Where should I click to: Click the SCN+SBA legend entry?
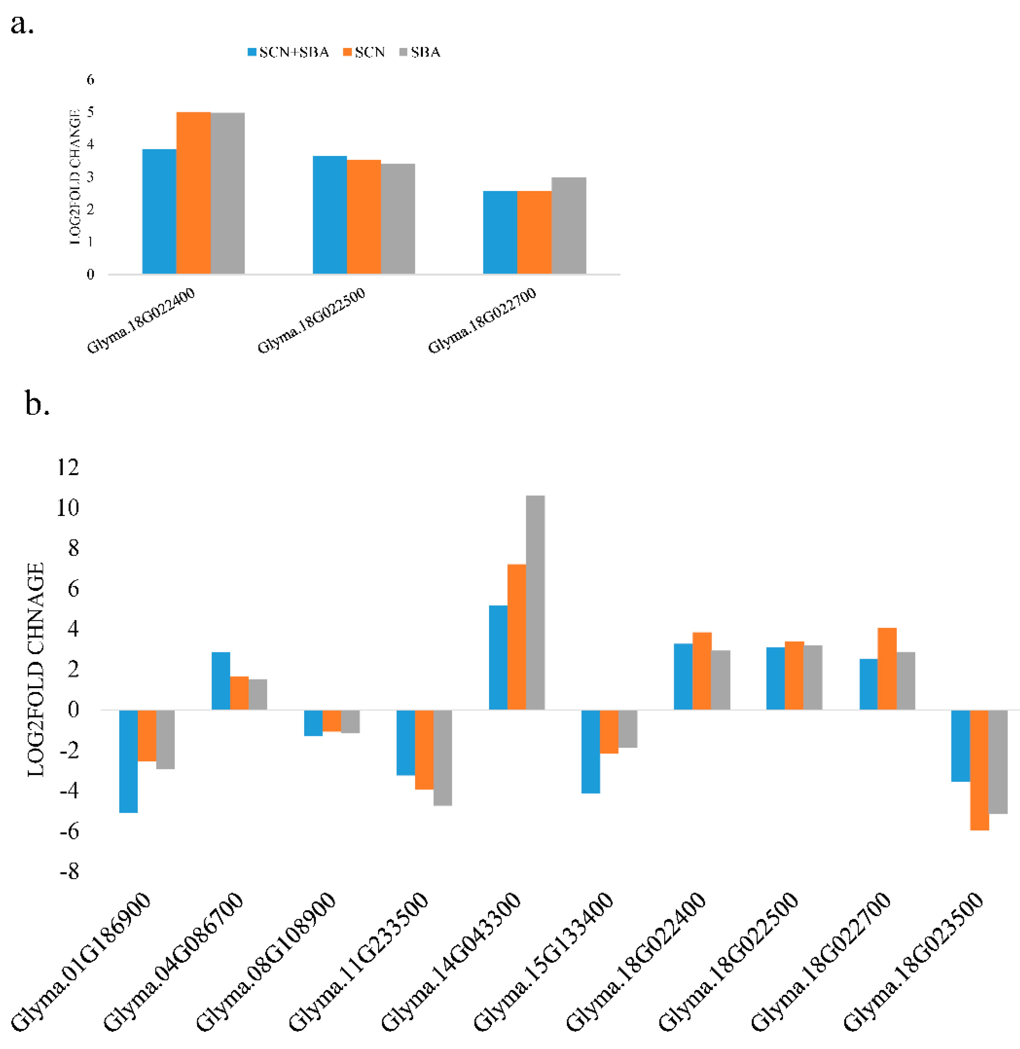pyautogui.click(x=288, y=52)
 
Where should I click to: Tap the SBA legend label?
pyautogui.click(x=425, y=52)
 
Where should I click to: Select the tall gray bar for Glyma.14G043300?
pyautogui.click(x=535, y=602)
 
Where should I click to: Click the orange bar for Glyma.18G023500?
pyautogui.click(x=979, y=769)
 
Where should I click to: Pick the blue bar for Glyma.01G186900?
pyautogui.click(x=129, y=761)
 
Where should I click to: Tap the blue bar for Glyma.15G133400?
pyautogui.click(x=590, y=751)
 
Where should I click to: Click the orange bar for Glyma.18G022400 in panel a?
pyautogui.click(x=194, y=193)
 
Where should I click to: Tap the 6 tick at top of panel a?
pyautogui.click(x=91, y=80)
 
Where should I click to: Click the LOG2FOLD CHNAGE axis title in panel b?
pyautogui.click(x=36, y=669)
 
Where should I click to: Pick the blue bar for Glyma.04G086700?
pyautogui.click(x=221, y=681)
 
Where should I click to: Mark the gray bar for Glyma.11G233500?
pyautogui.click(x=442, y=757)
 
